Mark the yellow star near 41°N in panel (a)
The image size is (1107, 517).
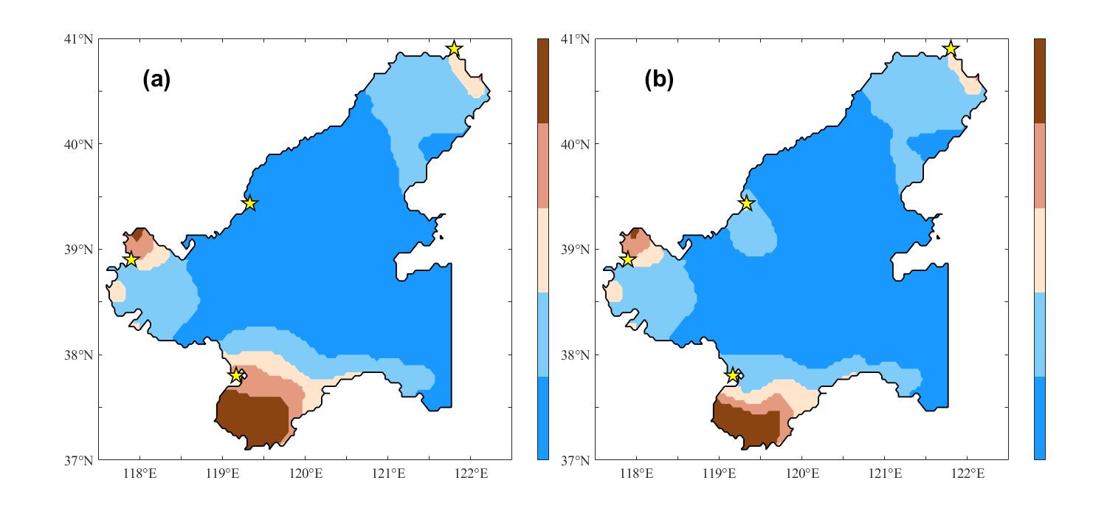tap(454, 49)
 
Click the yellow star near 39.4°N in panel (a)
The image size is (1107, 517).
tap(249, 203)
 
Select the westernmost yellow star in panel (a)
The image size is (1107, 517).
tap(131, 259)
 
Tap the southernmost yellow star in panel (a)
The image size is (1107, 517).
tap(236, 375)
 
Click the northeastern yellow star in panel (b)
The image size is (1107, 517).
tap(951, 49)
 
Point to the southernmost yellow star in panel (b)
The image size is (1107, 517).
tap(733, 375)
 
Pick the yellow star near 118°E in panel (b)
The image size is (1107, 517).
tap(627, 259)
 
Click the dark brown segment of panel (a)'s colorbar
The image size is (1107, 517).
tap(543, 81)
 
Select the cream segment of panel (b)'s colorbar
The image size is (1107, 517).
tap(1040, 250)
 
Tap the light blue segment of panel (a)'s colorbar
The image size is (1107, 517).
tap(543, 334)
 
